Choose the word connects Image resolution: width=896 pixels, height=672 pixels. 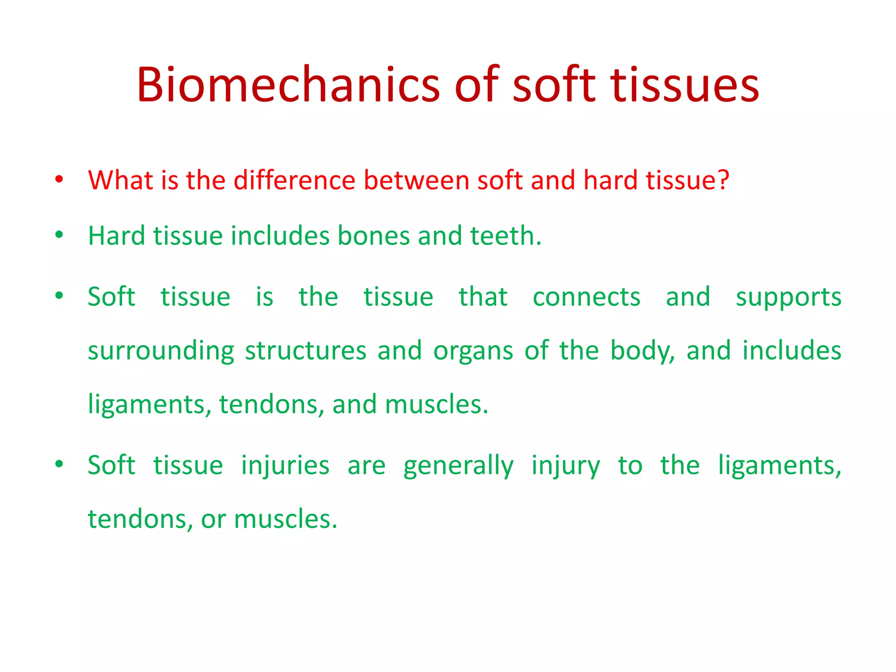pyautogui.click(x=586, y=297)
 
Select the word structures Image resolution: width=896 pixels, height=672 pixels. pyautogui.click(x=305, y=350)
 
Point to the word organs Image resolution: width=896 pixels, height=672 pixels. pyautogui.click(x=473, y=351)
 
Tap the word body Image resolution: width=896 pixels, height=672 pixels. pyautogui.click(x=642, y=351)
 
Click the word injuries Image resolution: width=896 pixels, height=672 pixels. pyautogui.click(x=285, y=465)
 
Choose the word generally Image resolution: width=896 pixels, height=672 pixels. pyautogui.click(x=458, y=466)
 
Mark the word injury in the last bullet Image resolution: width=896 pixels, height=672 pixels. pyautogui.click(x=566, y=466)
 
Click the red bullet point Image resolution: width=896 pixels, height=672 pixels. pyautogui.click(x=59, y=179)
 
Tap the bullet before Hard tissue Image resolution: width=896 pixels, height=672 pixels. pyautogui.click(x=59, y=235)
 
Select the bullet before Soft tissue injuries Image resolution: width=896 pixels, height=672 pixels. pyautogui.click(x=59, y=464)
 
